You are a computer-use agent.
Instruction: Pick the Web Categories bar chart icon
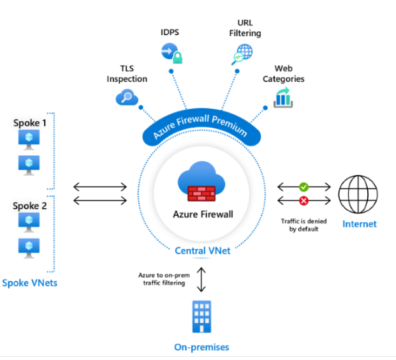282,97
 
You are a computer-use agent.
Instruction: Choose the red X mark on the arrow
304,200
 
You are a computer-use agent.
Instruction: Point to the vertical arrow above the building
202,278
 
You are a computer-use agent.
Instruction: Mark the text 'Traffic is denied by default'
304,224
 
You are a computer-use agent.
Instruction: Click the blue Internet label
359,224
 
